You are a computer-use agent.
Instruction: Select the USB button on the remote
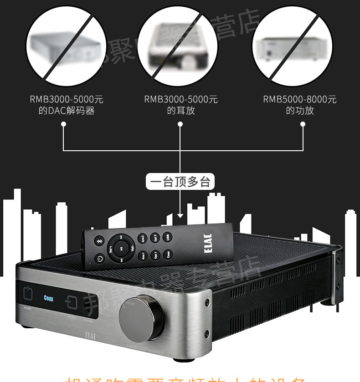click(168, 237)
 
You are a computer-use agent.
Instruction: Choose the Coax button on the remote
click(169, 255)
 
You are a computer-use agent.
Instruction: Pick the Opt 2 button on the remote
click(155, 238)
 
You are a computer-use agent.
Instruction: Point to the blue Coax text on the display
click(48, 299)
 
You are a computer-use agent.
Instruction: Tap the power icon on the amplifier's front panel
click(28, 293)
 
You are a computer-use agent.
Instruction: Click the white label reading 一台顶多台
click(180, 183)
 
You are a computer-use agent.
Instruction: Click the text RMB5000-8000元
click(299, 99)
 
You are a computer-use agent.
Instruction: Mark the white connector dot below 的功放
click(303, 123)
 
